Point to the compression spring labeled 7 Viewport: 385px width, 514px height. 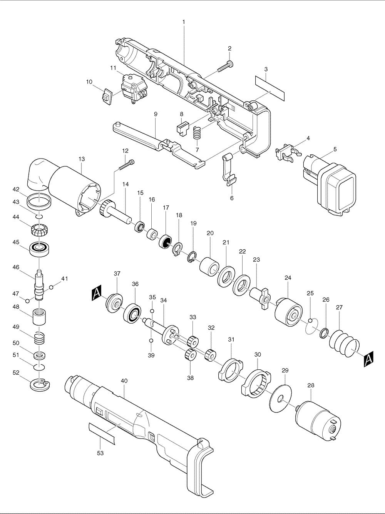click(197, 134)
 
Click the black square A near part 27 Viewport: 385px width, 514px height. click(368, 359)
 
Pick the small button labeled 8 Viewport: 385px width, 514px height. click(182, 127)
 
